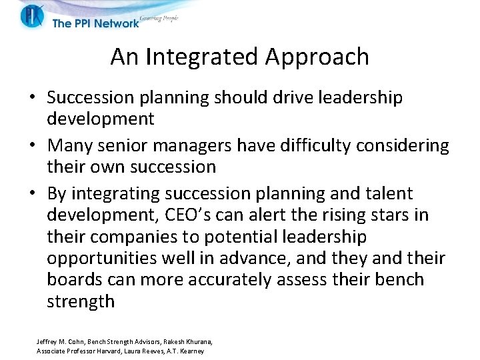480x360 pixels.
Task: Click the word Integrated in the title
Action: coord(203,57)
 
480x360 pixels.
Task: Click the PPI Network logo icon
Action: coord(31,15)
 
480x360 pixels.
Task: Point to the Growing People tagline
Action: coord(160,19)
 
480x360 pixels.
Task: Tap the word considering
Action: coord(404,145)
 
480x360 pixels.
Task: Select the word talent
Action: coord(386,193)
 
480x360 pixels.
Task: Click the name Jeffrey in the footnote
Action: coord(47,341)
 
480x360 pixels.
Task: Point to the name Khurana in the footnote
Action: coord(196,341)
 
